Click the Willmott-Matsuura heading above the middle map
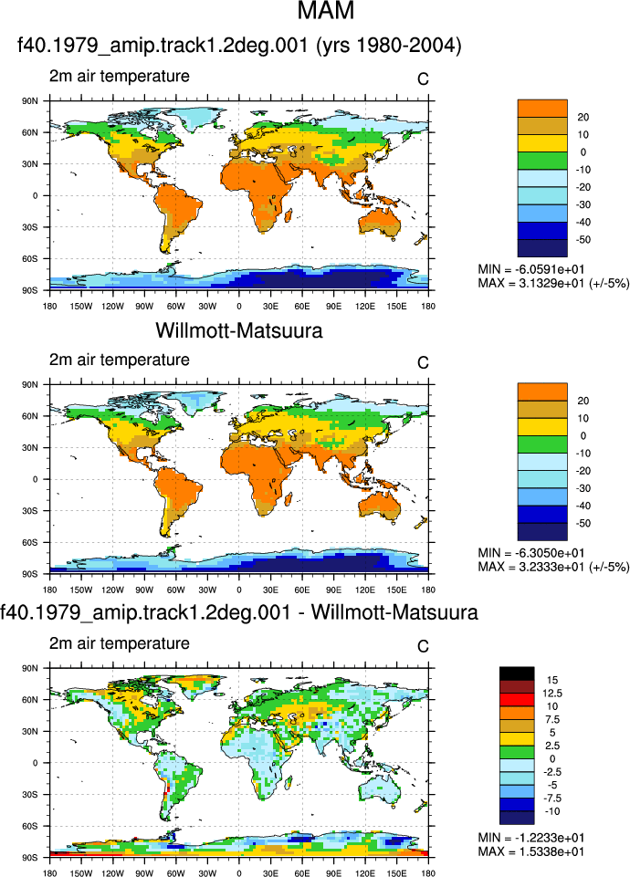click(x=239, y=330)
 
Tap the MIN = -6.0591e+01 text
click(x=531, y=269)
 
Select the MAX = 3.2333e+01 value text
click(x=553, y=567)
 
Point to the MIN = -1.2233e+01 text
click(x=531, y=837)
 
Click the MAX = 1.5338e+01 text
click(x=531, y=851)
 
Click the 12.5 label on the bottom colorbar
click(x=552, y=693)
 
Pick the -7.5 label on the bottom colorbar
click(x=551, y=799)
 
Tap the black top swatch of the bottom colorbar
click(x=517, y=673)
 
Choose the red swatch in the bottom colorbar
click(x=517, y=700)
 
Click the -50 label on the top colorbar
click(x=583, y=240)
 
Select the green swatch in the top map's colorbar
click(x=542, y=161)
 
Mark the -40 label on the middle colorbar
click(x=583, y=506)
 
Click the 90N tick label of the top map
click(x=30, y=101)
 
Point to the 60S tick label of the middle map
click(x=30, y=542)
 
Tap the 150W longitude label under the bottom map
click(x=81, y=873)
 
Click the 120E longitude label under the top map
click(x=365, y=306)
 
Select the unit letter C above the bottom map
click(x=423, y=646)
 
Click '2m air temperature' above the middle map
click(x=120, y=360)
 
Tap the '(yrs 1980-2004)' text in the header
click(x=389, y=46)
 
